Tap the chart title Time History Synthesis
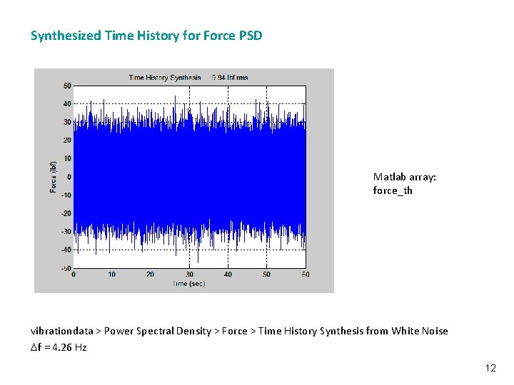pos(166,77)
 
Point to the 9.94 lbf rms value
pos(230,77)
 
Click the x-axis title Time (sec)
pos(190,283)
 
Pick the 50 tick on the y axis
pos(66,86)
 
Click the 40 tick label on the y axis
pos(66,104)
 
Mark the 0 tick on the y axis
pos(69,177)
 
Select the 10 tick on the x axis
pos(112,274)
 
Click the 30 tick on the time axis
pos(189,274)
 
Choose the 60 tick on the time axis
pos(305,274)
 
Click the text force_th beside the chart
pos(393,190)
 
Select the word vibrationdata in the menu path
pos(61,331)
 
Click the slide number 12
pos(490,368)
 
